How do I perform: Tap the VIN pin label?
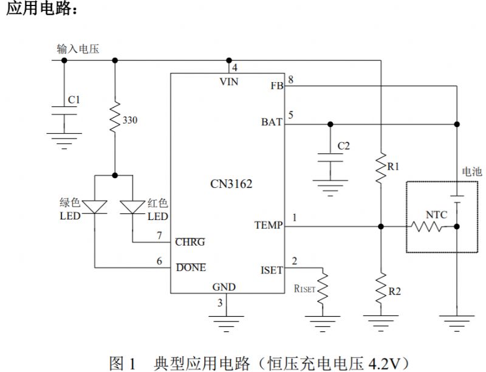[x=228, y=82]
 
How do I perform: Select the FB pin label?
[x=276, y=86]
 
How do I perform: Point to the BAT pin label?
[x=272, y=122]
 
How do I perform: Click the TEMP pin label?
[x=268, y=226]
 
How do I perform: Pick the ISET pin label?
[x=271, y=270]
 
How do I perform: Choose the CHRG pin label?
[x=190, y=242]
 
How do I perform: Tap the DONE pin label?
[x=191, y=267]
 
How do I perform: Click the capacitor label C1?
[x=74, y=98]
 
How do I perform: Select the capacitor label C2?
[x=343, y=146]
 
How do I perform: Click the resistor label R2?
[x=394, y=291]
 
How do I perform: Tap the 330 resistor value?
[x=130, y=120]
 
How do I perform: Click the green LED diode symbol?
[x=95, y=207]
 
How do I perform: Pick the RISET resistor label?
[x=304, y=289]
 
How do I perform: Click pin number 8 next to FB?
[x=291, y=80]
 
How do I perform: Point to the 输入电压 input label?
[x=78, y=49]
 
